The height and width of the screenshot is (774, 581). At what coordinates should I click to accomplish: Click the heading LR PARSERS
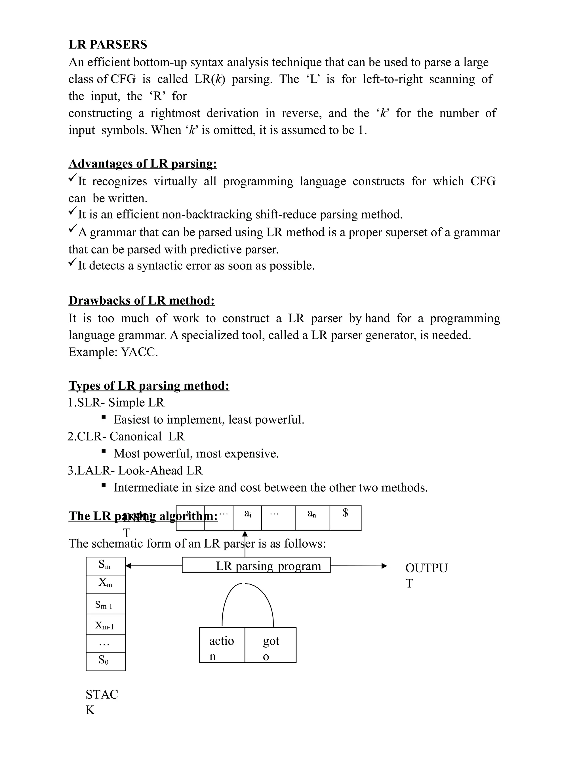(x=108, y=45)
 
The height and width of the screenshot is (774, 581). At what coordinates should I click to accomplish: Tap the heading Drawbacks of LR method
(x=142, y=301)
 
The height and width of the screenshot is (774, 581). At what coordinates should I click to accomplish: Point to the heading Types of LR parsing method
(x=149, y=386)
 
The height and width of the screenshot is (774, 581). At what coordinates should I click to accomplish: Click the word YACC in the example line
(x=139, y=352)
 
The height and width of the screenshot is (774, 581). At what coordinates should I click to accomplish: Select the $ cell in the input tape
(x=345, y=518)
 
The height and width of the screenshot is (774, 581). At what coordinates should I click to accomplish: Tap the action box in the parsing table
(x=222, y=645)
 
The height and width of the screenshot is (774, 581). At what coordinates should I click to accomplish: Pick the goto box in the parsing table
(x=270, y=645)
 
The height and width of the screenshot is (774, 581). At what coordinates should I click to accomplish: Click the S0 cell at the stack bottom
(x=106, y=661)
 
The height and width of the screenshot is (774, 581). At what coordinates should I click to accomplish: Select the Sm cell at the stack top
(x=106, y=566)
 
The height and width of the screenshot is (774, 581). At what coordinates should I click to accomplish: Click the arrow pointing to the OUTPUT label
(x=359, y=566)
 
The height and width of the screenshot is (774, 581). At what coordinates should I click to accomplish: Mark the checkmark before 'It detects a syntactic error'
(x=73, y=262)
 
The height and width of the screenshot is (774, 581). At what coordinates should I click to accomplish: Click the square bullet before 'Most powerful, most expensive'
(x=104, y=451)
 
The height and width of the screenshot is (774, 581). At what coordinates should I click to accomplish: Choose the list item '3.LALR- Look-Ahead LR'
(x=135, y=471)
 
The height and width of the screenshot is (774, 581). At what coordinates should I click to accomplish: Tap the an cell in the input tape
(x=312, y=518)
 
